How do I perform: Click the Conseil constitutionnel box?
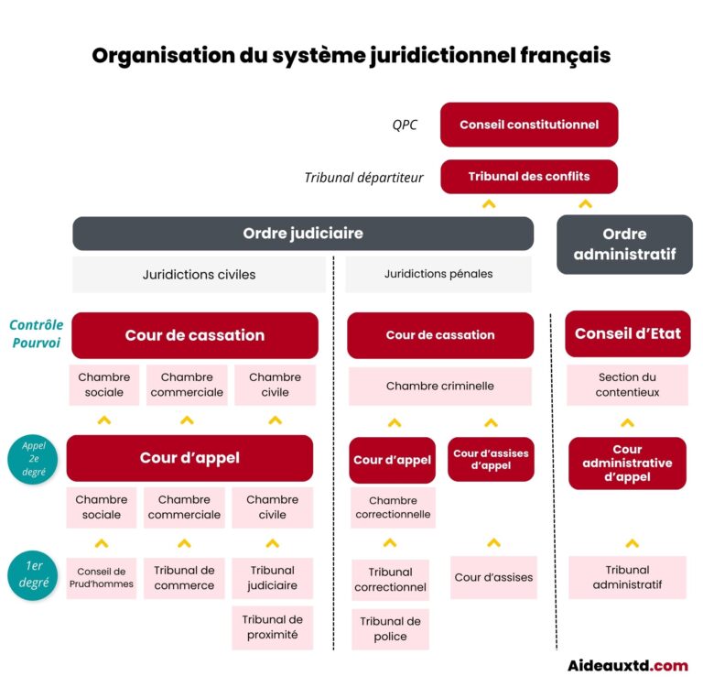coord(528,125)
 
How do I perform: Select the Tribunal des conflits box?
coord(528,177)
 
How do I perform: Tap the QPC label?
coord(404,125)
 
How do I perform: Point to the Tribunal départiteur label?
coord(363,178)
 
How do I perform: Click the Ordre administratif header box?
coord(624,245)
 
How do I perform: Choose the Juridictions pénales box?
coord(438,274)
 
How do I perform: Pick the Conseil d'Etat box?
coord(627,334)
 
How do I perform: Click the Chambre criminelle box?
coord(439,387)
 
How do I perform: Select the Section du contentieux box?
coord(627,385)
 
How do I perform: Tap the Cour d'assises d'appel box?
coord(491,459)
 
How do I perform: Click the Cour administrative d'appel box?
coord(627,463)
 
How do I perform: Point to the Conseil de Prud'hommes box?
coord(101,578)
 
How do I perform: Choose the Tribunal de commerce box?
coord(184,578)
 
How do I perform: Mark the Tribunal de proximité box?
coord(272,627)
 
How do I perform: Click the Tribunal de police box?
coord(390,629)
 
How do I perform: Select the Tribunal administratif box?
coord(627,577)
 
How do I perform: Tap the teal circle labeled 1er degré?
coord(34,574)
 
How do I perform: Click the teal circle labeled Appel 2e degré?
coord(34,460)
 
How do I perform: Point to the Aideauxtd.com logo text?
coord(627,666)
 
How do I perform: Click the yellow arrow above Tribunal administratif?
coord(631,543)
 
